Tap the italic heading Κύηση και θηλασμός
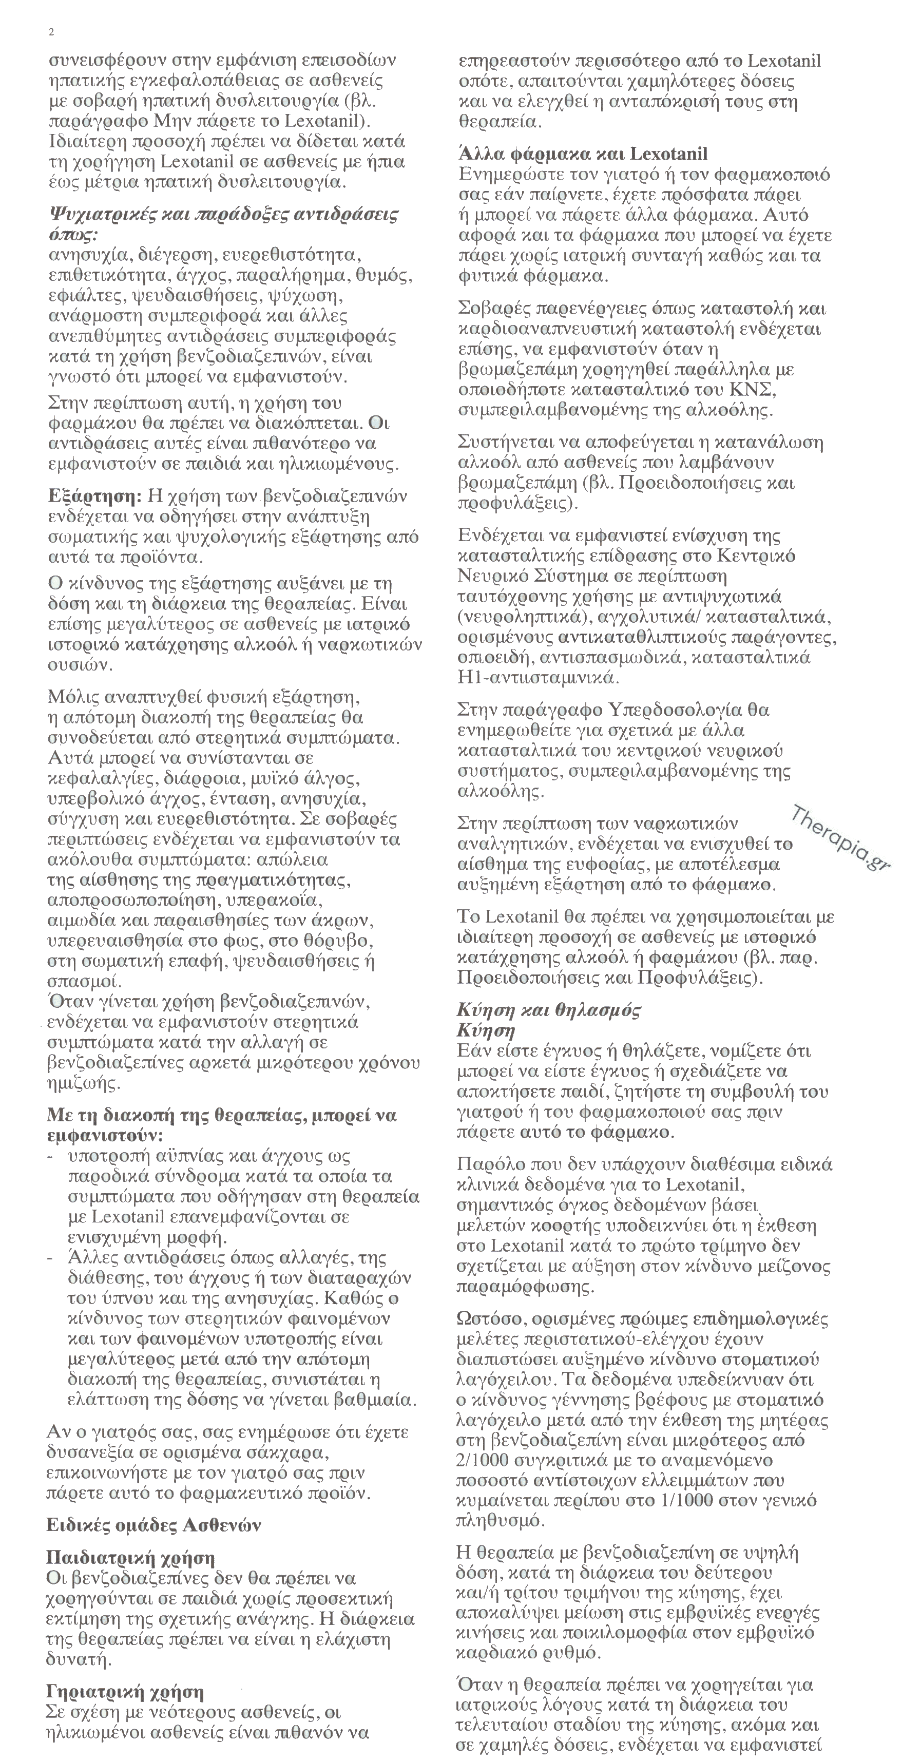[549, 1010]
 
